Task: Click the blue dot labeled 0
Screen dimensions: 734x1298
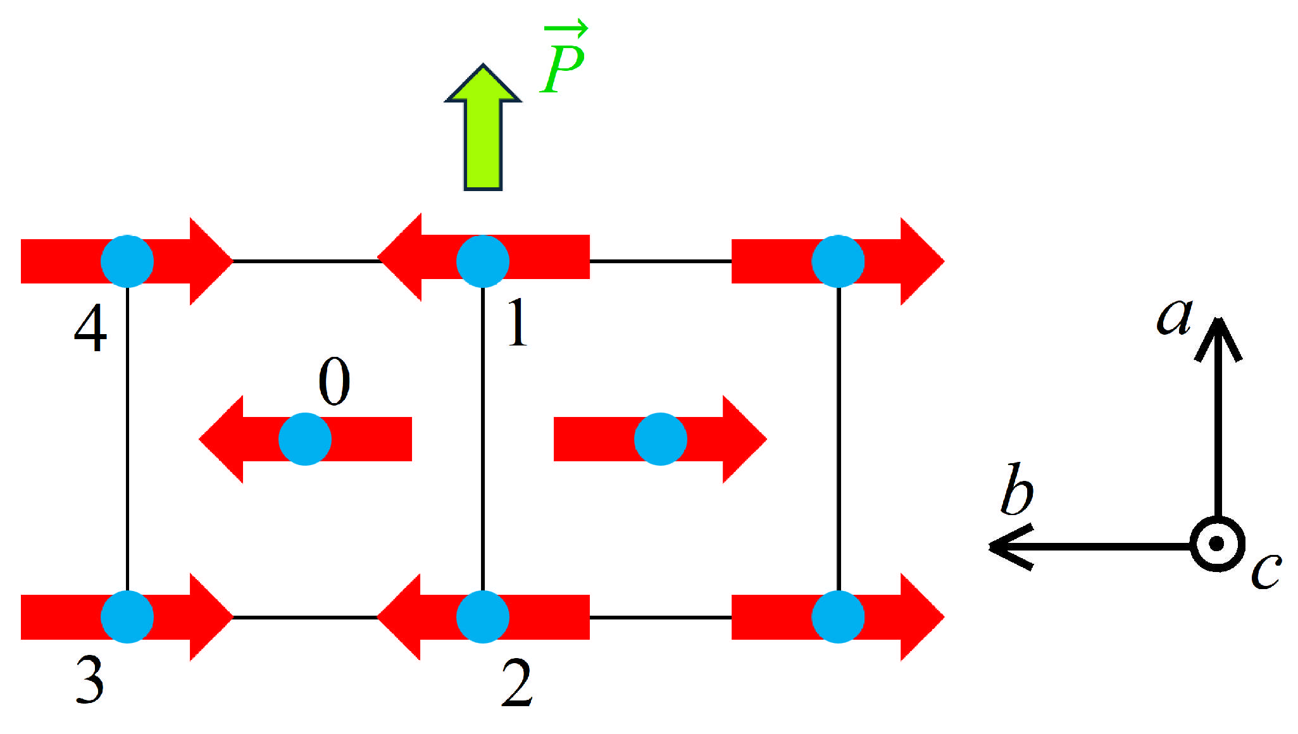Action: pyautogui.click(x=305, y=439)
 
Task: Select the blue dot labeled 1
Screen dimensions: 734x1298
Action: pyautogui.click(x=483, y=261)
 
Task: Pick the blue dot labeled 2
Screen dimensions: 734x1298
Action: pyautogui.click(x=483, y=617)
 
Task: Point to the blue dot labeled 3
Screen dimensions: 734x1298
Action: pyautogui.click(x=127, y=617)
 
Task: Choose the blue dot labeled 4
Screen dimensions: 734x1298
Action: pyautogui.click(x=127, y=261)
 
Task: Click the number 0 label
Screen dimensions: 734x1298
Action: pyautogui.click(x=334, y=381)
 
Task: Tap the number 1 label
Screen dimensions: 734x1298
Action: pyautogui.click(x=518, y=323)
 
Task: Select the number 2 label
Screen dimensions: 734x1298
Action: pyautogui.click(x=516, y=683)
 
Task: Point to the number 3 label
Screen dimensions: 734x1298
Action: pyautogui.click(x=90, y=680)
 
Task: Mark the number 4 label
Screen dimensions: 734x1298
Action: pyautogui.click(x=90, y=328)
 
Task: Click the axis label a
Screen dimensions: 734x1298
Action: pyautogui.click(x=1175, y=316)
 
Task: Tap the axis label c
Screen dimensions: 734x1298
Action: pyautogui.click(x=1266, y=571)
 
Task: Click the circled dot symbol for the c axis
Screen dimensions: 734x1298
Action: pyautogui.click(x=1217, y=544)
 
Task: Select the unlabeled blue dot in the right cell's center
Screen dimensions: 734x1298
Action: pyautogui.click(x=661, y=439)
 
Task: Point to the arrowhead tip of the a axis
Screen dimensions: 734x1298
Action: pyautogui.click(x=1218, y=320)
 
